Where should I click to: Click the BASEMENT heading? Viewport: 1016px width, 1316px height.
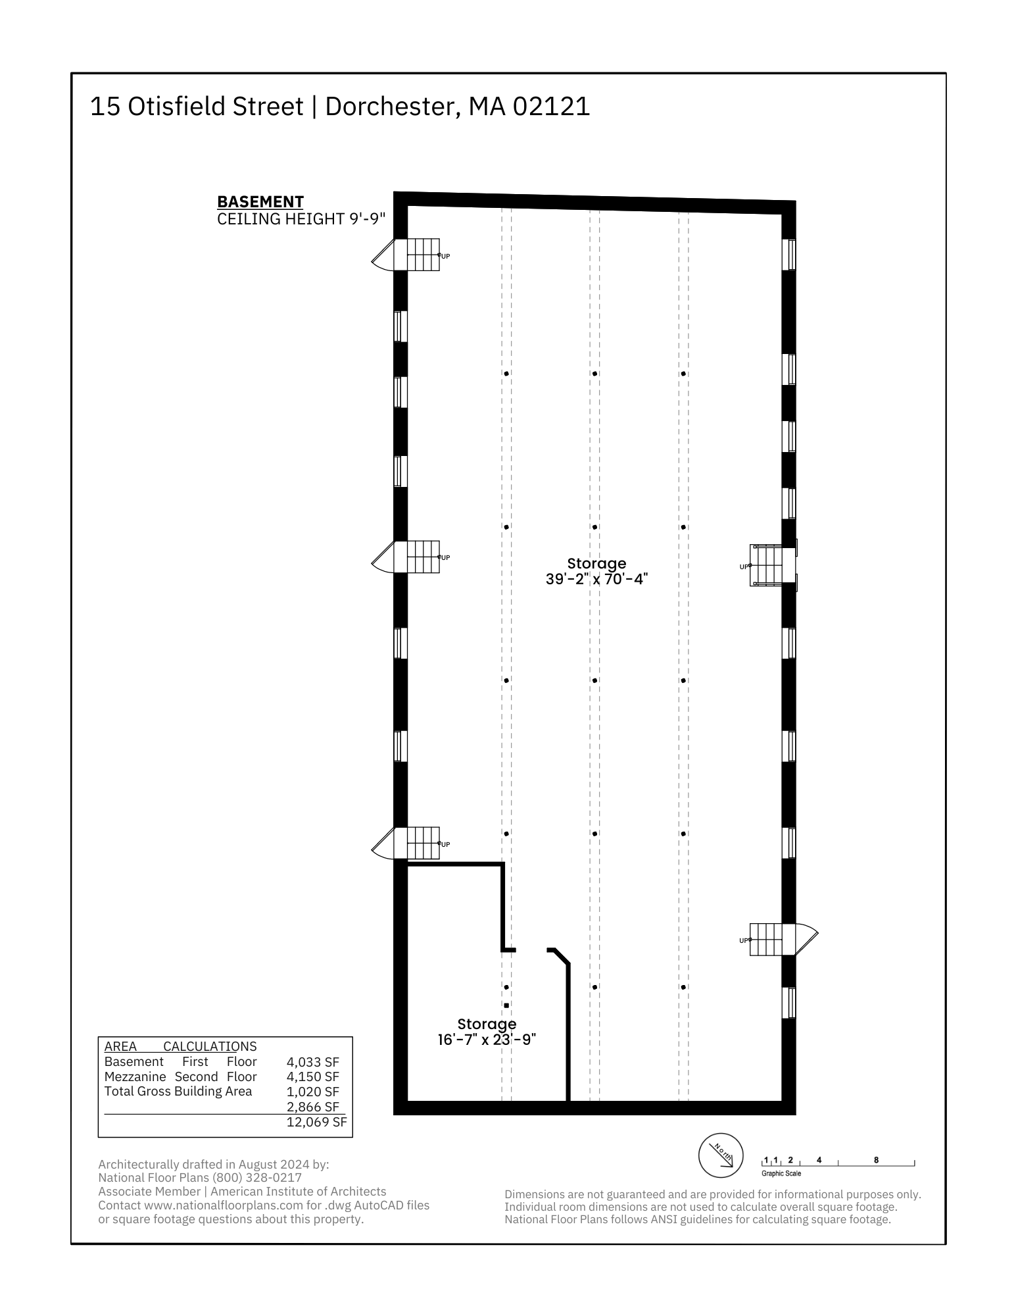[260, 202]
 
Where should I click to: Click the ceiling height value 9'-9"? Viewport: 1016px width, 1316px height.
[367, 219]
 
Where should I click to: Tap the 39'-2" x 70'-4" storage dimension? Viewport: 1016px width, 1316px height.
[597, 579]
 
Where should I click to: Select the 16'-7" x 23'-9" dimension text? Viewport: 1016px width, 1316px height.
[487, 1040]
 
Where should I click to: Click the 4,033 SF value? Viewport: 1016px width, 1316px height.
[313, 1061]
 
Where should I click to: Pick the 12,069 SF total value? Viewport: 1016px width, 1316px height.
[316, 1122]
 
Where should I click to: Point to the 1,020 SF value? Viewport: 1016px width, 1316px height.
[313, 1092]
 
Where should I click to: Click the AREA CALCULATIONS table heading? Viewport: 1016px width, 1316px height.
[181, 1046]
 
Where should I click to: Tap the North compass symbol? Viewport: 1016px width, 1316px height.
[721, 1156]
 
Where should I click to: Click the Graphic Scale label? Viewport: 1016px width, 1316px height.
[781, 1173]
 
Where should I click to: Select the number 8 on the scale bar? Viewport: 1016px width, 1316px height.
[876, 1160]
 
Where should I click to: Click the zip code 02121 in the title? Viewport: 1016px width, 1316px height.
[551, 107]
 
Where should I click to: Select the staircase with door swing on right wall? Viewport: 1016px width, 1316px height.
[783, 940]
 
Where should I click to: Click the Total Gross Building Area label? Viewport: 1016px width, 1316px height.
[178, 1091]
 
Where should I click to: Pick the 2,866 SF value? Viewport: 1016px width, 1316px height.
[313, 1107]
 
